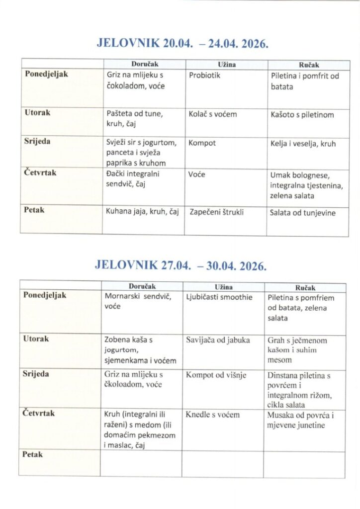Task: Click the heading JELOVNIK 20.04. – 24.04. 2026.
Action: (182, 43)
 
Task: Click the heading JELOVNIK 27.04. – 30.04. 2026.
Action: (180, 265)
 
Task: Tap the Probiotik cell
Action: (204, 76)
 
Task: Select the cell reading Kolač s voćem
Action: (213, 114)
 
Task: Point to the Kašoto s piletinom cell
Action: (302, 114)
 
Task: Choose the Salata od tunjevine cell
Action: (302, 213)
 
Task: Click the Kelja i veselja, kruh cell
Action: (303, 144)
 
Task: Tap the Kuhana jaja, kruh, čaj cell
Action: (142, 213)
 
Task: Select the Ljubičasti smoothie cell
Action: (219, 297)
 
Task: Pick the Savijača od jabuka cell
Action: (218, 340)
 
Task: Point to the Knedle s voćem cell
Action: (213, 415)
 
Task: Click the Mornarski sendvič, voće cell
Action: (138, 302)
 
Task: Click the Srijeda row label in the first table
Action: (37, 141)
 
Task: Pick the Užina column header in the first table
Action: (227, 65)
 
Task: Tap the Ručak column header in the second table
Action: (305, 287)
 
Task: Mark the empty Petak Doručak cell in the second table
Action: (141, 463)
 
